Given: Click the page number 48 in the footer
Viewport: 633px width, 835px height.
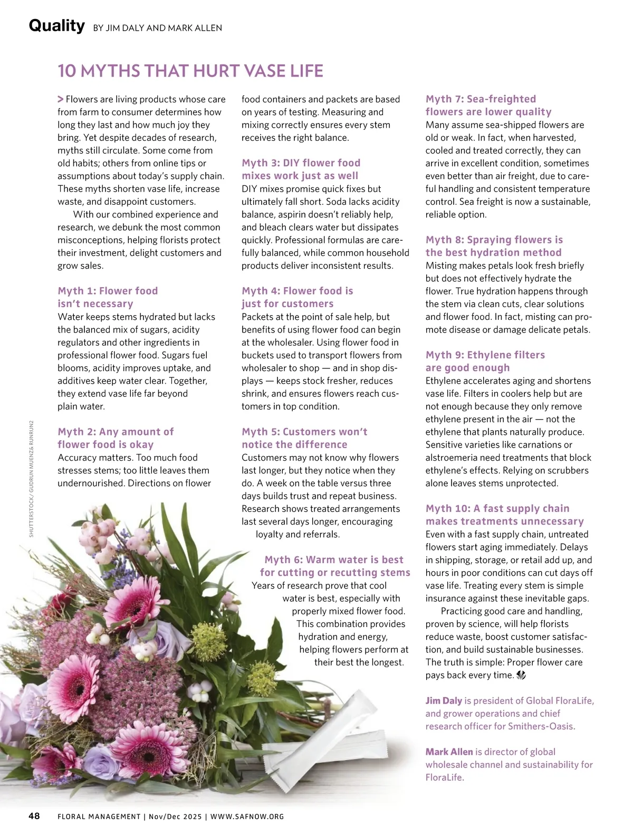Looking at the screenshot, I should [34, 816].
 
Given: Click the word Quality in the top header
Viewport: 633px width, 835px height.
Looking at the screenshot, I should [56, 25].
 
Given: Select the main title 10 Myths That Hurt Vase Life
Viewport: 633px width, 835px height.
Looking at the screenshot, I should [190, 71].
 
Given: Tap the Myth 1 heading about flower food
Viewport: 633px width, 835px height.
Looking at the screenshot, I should [108, 297].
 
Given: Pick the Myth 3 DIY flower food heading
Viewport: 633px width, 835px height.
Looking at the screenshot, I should [301, 169].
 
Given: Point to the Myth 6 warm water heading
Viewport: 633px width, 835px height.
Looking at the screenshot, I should [334, 566].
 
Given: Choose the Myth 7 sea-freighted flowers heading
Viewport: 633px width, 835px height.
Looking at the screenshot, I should [488, 105].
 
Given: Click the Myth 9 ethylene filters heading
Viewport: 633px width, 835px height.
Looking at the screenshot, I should [485, 361].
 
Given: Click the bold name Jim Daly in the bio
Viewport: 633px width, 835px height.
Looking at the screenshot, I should [444, 701].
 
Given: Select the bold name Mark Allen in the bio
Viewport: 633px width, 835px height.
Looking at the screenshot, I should [449, 752].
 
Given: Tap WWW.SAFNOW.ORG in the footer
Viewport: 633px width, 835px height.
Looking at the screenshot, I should [247, 817].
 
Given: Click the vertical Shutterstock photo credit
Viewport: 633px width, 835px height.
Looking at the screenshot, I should [31, 479].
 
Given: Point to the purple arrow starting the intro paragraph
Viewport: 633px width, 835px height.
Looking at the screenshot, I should [61, 99].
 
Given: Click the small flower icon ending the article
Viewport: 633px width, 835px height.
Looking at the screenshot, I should [521, 675].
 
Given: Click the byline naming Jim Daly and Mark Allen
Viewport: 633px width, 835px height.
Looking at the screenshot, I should [157, 28].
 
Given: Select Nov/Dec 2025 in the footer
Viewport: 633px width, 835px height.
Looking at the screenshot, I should [175, 817].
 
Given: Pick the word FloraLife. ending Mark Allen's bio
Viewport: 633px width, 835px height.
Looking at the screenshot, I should [445, 777].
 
